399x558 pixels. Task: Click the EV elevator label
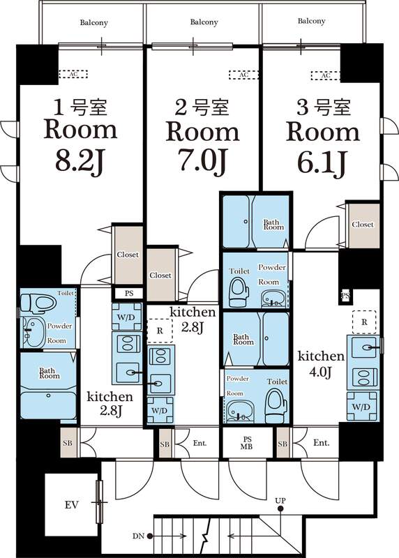pos(72,504)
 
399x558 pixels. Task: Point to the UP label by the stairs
pos(280,501)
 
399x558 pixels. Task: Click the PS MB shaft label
pos(246,443)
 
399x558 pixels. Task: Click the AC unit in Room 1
pos(73,74)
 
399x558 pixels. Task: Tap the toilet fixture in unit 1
pos(38,303)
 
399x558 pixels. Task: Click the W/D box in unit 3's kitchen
pos(361,406)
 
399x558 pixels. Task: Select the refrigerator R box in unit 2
pos(160,331)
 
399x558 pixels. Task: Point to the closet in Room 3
pos(363,225)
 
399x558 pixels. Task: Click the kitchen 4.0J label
pos(321,363)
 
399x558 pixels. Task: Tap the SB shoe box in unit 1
pos(68,443)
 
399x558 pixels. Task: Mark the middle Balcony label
pos(204,22)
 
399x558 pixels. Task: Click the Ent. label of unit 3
pos(321,443)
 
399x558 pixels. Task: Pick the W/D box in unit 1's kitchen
pos(126,317)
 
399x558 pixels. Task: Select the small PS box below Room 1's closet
pos(129,293)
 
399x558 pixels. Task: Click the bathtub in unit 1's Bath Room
pos(48,405)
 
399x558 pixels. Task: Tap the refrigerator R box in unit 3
pos(364,322)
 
